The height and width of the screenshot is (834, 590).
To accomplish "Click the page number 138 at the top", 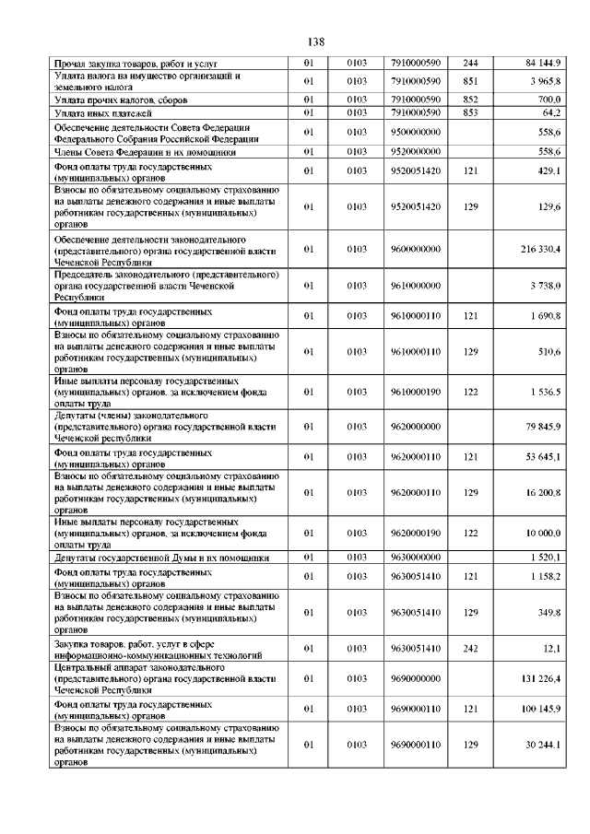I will pyautogui.click(x=314, y=41).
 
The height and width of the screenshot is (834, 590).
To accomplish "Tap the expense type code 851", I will pyautogui.click(x=471, y=81).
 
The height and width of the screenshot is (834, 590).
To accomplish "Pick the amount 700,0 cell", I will pyautogui.click(x=549, y=99).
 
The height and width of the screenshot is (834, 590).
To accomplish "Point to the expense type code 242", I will pyautogui.click(x=471, y=648).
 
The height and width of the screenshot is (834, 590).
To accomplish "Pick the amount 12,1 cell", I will pyautogui.click(x=552, y=648).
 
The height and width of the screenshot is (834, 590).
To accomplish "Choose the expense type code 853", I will pyautogui.click(x=471, y=112).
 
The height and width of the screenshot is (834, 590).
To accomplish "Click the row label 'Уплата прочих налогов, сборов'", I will pyautogui.click(x=117, y=99).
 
